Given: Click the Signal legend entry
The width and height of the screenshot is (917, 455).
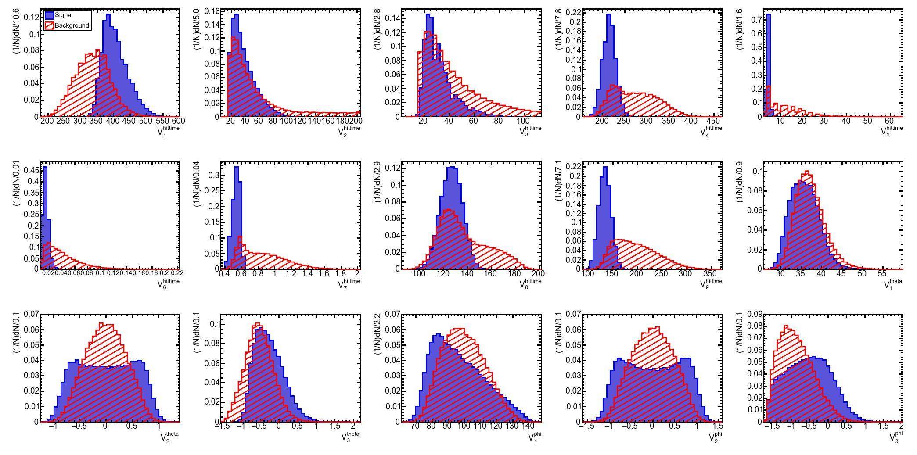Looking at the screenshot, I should click(x=63, y=15).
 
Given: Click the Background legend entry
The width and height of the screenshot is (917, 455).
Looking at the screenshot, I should click(x=71, y=25).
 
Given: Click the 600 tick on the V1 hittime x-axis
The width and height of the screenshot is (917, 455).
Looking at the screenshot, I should click(x=178, y=121).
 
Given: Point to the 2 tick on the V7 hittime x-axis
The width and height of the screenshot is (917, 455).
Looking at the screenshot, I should click(x=357, y=273).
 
